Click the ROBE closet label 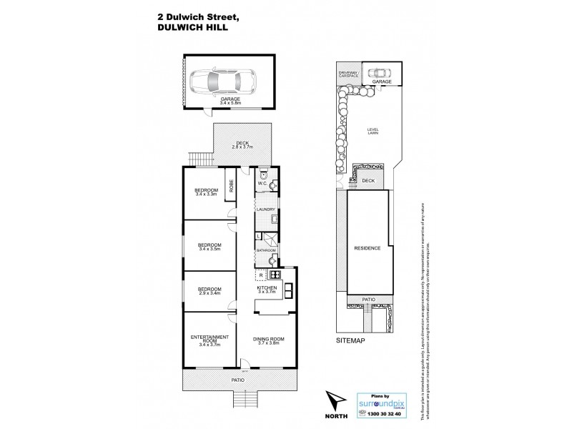232,187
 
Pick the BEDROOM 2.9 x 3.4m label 209,290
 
